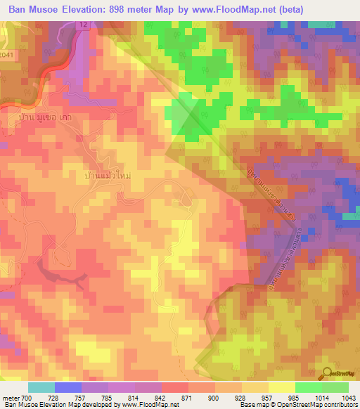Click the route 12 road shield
pyautogui.click(x=83, y=25)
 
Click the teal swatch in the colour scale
pyautogui.click(x=41, y=387)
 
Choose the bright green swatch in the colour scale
pyautogui.click(x=308, y=387)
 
